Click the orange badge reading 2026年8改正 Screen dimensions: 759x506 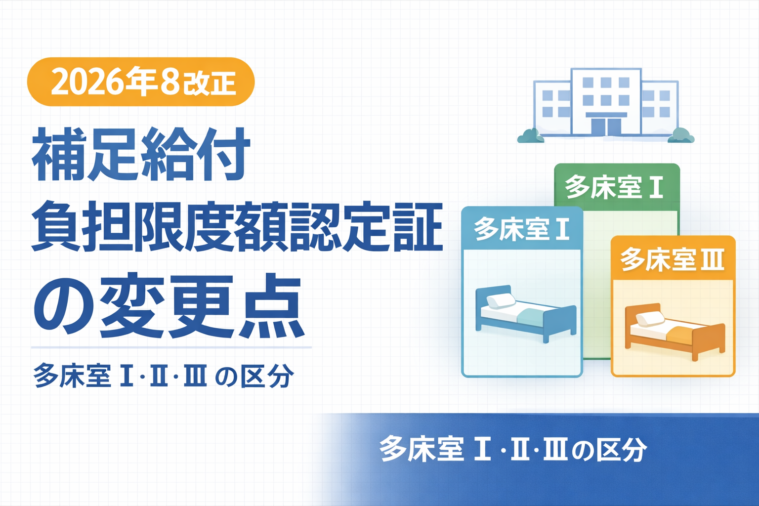click(141, 82)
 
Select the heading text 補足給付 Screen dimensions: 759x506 click(141, 155)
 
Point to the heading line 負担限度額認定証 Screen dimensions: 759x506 click(237, 226)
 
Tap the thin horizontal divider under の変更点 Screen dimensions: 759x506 click(171, 347)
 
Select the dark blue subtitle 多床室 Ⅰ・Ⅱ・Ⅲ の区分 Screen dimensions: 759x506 click(164, 376)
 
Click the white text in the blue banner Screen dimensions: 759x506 click(513, 449)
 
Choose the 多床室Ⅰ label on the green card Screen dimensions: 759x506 click(614, 187)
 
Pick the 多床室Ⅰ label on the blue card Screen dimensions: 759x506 click(521, 229)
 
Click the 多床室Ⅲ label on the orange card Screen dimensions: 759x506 click(672, 259)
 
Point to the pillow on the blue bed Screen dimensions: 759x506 click(501, 300)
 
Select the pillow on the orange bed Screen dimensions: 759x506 click(650, 319)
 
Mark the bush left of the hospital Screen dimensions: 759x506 click(531, 136)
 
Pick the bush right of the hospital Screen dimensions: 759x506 click(681, 135)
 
